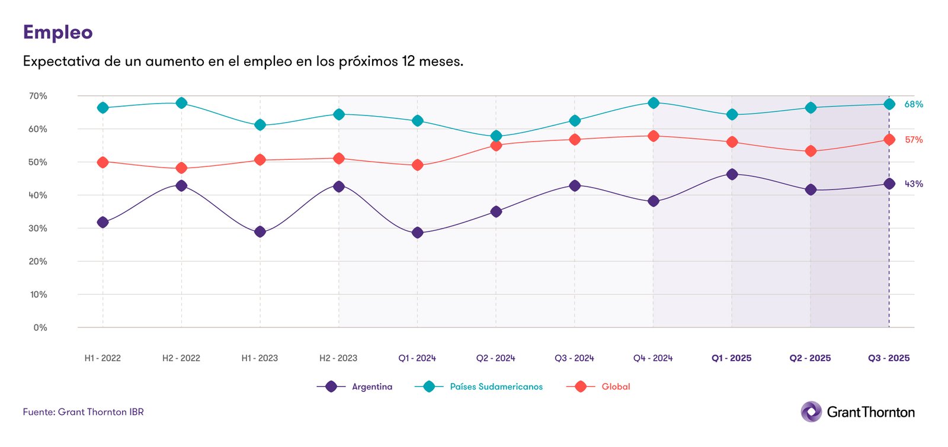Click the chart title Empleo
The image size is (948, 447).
point(57,32)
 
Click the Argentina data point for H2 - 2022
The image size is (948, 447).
point(181,186)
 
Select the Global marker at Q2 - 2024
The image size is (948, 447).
point(496,146)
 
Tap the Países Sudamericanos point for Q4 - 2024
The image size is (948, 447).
point(654,103)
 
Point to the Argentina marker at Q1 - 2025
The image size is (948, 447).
point(732,175)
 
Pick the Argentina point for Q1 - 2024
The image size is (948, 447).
point(417,233)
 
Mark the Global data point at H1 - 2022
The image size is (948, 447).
point(103,162)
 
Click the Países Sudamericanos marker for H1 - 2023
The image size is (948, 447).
point(260,125)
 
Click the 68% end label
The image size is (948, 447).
point(913,104)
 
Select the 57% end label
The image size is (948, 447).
point(913,140)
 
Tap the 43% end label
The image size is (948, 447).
point(913,184)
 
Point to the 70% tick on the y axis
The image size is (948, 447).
point(38,96)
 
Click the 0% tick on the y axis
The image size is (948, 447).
point(40,327)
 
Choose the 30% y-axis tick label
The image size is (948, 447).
point(38,229)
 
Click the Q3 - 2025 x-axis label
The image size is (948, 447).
point(889,358)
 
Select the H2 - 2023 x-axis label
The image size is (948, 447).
point(338,358)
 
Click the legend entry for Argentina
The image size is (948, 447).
point(371,387)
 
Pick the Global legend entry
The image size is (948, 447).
point(616,387)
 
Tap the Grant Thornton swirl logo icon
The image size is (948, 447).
point(811,411)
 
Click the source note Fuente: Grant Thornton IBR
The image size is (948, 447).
point(84,412)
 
